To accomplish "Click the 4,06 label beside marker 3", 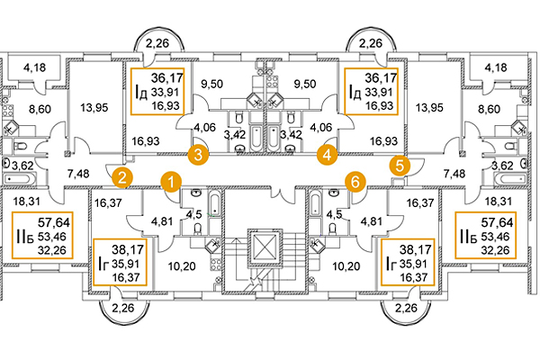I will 203,127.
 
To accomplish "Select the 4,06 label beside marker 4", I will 322,127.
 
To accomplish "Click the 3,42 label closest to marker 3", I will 234,135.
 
